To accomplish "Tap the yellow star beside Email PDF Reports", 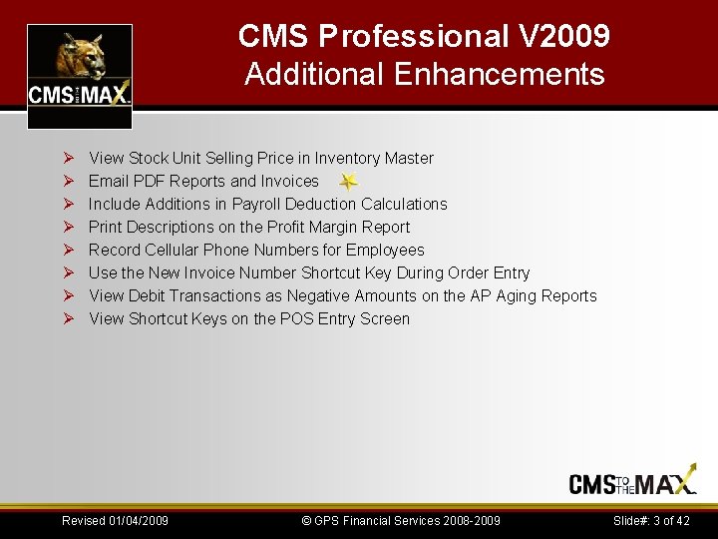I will coord(347,182).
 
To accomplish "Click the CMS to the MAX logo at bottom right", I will coord(633,483).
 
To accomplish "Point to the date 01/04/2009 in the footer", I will coord(137,520).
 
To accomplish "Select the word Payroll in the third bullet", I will coord(258,204).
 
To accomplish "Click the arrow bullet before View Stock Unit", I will coord(69,158).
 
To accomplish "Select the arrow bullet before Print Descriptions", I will coord(69,227).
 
